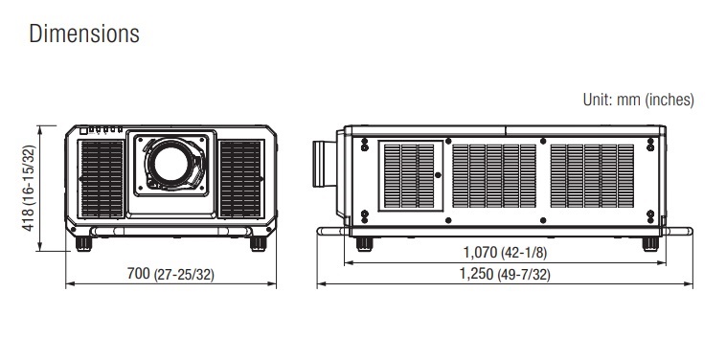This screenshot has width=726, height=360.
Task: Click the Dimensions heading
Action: (83, 34)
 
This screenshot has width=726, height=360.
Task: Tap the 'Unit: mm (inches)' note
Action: (639, 100)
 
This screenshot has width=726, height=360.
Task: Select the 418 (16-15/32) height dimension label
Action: (29, 188)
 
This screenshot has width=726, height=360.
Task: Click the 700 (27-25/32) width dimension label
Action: (170, 274)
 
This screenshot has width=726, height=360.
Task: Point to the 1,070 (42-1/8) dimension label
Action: (505, 253)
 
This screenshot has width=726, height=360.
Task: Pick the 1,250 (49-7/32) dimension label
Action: (505, 275)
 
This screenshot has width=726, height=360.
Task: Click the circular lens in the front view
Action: (170, 164)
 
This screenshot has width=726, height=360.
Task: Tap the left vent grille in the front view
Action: (102, 179)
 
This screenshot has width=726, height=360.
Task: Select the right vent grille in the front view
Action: (240, 179)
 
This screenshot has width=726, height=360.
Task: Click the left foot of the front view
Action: (83, 243)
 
